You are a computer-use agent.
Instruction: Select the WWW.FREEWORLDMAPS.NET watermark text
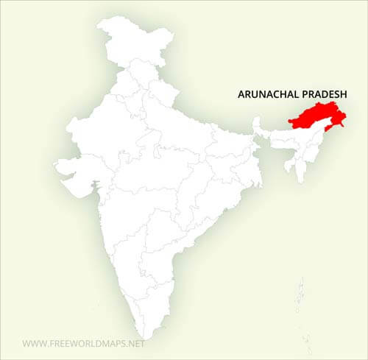(x=84, y=343)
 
